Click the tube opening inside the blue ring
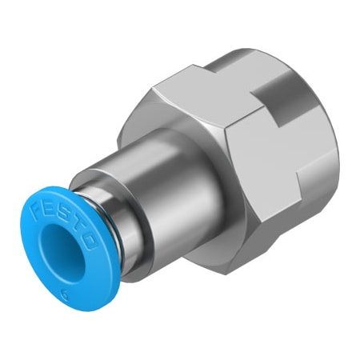click(59, 247)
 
